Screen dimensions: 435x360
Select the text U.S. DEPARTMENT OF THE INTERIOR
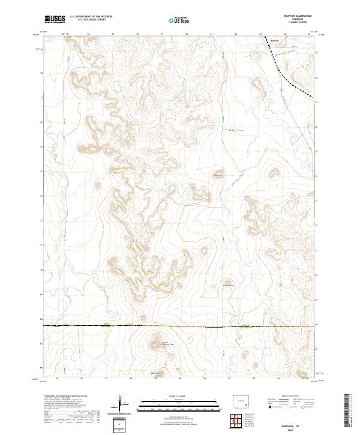coord(91,17)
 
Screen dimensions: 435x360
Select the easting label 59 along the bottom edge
coord(155,379)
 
